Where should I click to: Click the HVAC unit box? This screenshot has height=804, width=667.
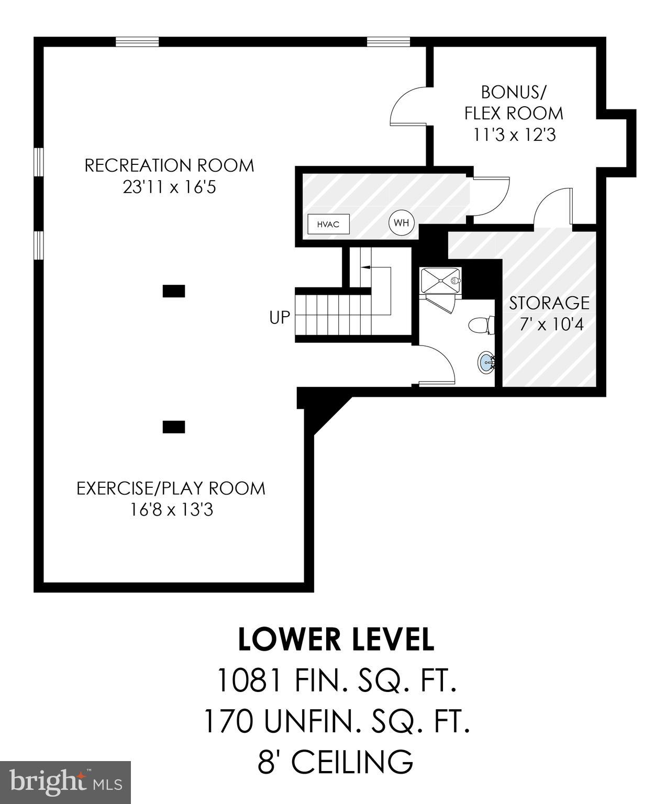[328, 224]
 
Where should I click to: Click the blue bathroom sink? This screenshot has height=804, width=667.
[486, 362]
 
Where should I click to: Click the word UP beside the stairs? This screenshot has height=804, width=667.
[279, 317]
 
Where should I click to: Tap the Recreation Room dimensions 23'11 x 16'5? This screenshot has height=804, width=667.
[169, 187]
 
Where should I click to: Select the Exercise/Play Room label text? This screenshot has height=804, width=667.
[171, 488]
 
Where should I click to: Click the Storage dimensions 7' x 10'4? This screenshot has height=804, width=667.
[551, 325]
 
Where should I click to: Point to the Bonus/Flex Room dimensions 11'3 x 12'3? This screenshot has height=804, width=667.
[514, 135]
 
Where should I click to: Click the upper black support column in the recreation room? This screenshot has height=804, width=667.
[173, 291]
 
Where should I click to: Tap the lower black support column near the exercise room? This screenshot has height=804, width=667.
[173, 427]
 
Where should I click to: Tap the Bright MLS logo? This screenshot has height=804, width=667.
[65, 783]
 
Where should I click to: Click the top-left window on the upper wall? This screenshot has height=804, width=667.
[137, 42]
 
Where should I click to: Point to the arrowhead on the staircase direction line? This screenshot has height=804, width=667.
[364, 267]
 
